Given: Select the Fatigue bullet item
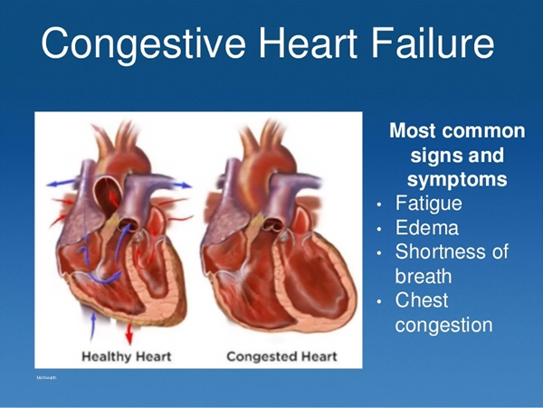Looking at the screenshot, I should point(429,204).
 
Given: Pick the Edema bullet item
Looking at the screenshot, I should point(426,228).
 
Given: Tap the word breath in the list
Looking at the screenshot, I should point(424,276).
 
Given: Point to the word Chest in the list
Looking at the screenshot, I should point(422,300).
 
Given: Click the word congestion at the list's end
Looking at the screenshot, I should point(444,325).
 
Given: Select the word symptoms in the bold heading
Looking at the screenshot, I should point(457,179).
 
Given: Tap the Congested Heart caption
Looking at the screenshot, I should point(281,355).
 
